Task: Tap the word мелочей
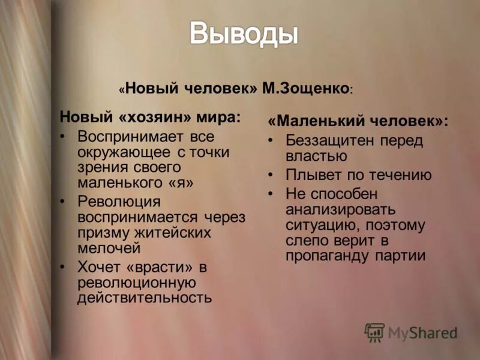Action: click(109, 247)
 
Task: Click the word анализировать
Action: click(341, 209)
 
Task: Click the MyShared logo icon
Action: click(374, 332)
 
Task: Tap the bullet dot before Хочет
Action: click(64, 265)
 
